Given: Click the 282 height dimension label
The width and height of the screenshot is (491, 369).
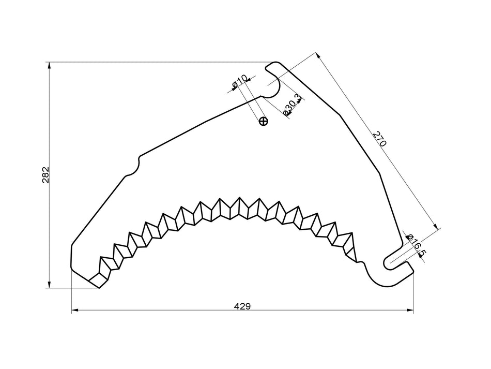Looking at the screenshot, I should (x=45, y=175).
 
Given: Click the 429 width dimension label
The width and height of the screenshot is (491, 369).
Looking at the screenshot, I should (x=242, y=306).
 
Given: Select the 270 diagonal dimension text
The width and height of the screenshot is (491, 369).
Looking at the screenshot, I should (x=379, y=140).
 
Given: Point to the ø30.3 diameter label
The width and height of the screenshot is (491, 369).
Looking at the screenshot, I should (x=291, y=105).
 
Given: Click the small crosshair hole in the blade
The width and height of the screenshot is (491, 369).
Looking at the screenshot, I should (x=264, y=122).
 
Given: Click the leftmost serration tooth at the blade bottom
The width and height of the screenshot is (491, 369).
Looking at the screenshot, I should (x=98, y=280).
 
